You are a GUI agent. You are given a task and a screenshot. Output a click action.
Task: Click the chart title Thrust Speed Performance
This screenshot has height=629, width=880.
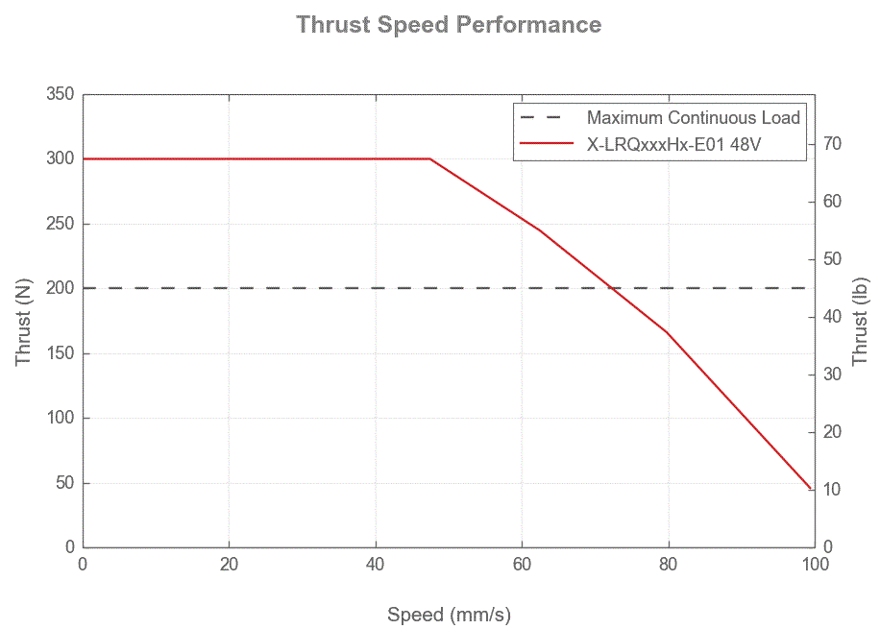pos(449,24)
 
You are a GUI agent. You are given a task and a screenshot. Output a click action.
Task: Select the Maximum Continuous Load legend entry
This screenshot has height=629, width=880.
pos(693,118)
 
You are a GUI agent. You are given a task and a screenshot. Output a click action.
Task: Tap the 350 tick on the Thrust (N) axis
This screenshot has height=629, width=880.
pos(60,94)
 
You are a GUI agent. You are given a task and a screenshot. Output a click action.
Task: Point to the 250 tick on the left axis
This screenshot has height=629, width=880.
pos(60,224)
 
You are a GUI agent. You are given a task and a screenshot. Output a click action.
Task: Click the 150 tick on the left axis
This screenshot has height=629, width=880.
pos(60,353)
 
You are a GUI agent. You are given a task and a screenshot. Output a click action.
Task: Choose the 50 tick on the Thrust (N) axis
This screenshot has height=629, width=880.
pos(63,483)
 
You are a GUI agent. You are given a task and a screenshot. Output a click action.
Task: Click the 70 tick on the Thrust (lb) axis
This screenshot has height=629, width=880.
pos(832,144)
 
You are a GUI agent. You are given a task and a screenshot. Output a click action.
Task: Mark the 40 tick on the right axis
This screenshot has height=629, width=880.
pos(832,317)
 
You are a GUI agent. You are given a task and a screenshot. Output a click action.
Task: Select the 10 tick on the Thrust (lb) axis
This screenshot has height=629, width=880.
pos(832,490)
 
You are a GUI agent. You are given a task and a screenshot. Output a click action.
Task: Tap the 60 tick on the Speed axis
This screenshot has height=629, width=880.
pos(522,565)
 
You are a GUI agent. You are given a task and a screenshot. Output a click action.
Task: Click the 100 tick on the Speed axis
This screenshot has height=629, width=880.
pos(815,565)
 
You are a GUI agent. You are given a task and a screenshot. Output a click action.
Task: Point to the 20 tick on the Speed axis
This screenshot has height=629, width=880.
pos(229,565)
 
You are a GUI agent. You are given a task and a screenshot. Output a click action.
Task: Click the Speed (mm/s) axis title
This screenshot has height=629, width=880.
pos(449,615)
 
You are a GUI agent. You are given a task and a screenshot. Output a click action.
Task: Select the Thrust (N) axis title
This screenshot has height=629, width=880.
pos(24,322)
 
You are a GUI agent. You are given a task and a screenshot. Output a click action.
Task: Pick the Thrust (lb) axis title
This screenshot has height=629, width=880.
pos(860,322)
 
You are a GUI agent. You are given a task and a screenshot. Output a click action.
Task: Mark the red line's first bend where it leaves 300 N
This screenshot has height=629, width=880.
pos(430,158)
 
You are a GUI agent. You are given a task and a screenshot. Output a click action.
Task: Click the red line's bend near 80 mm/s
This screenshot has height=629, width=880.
pos(668,332)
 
